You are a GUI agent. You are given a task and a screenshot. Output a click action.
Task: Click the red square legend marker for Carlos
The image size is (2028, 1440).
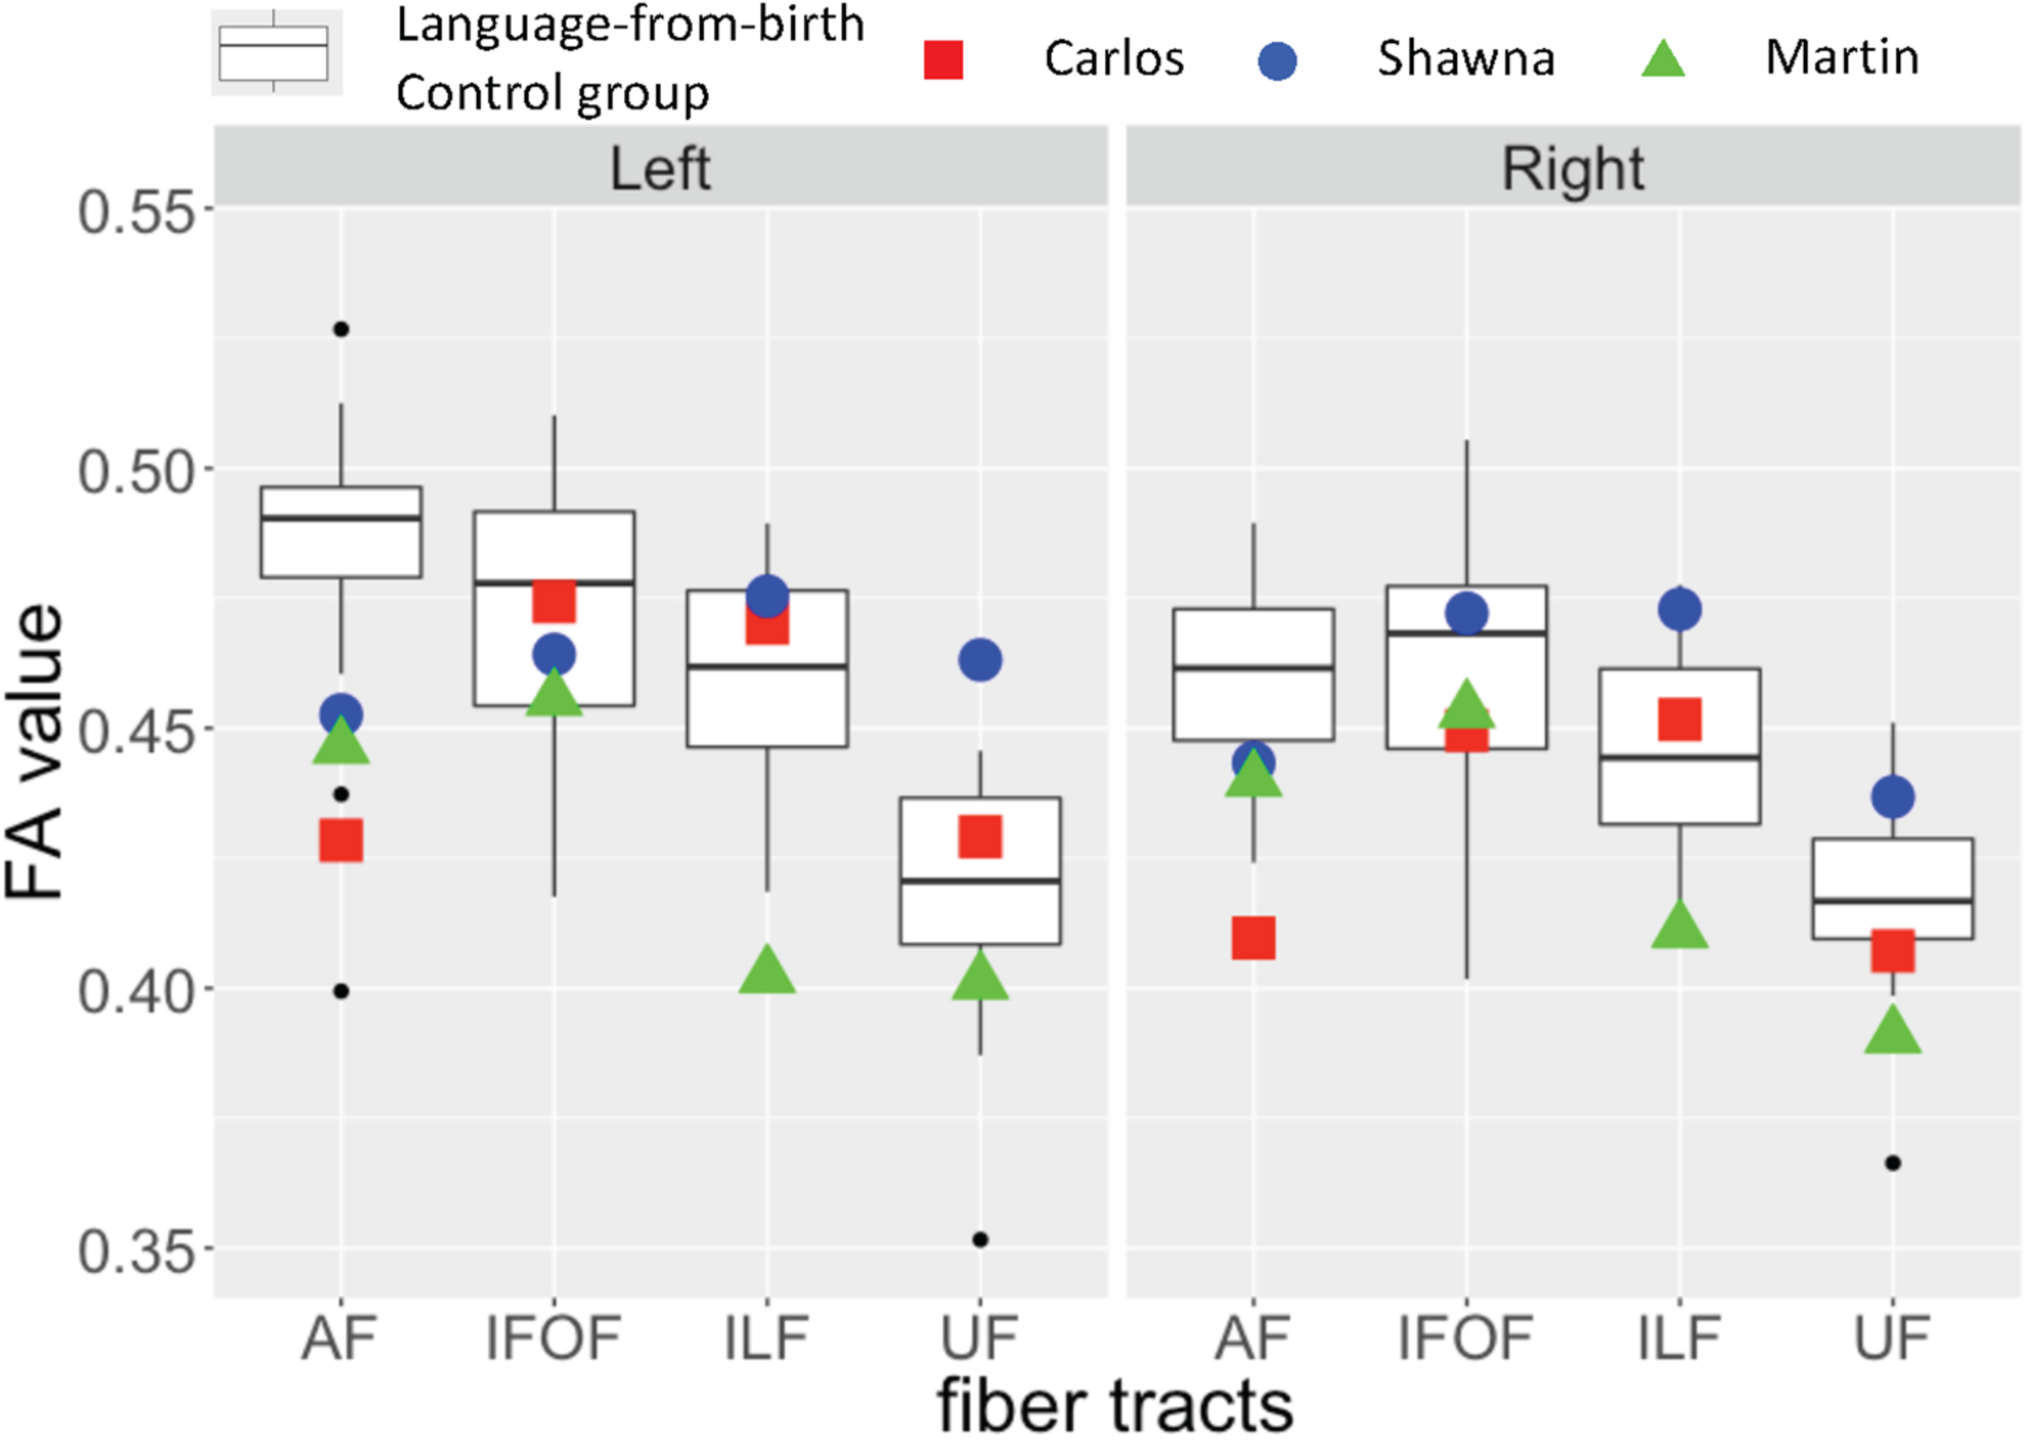click(x=943, y=59)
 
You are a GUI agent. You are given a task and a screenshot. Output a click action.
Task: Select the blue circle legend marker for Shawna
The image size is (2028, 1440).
click(x=1278, y=60)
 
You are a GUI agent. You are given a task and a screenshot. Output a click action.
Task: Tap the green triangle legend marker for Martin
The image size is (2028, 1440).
click(x=1663, y=58)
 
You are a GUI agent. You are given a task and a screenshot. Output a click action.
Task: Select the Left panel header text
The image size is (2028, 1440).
click(x=660, y=169)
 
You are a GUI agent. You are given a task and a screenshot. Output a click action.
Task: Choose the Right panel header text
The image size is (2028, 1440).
click(x=1572, y=169)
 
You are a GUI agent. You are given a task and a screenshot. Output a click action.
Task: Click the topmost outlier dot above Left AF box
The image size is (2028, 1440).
click(x=342, y=329)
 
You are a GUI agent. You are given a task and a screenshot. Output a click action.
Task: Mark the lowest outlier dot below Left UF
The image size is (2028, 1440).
click(x=980, y=1240)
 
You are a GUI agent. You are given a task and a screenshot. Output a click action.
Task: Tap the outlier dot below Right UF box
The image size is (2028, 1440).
click(x=1893, y=1163)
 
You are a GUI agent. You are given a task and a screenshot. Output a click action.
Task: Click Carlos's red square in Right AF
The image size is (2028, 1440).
click(x=1253, y=938)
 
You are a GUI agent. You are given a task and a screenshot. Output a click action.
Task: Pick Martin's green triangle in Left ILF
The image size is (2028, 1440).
click(x=767, y=970)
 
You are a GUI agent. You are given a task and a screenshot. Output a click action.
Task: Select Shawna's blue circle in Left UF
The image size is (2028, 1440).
click(x=980, y=660)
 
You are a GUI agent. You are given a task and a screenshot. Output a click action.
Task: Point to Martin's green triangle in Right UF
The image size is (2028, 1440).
click(x=1893, y=1030)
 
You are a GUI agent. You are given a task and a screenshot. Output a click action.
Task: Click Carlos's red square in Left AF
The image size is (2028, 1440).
click(x=342, y=840)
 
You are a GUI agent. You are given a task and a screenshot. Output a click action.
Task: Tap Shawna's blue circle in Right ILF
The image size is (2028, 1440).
click(x=1680, y=609)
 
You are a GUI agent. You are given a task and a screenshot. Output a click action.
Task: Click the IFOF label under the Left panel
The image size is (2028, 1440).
click(x=554, y=1338)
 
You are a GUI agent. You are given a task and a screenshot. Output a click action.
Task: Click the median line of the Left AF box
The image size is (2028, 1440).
click(x=342, y=517)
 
